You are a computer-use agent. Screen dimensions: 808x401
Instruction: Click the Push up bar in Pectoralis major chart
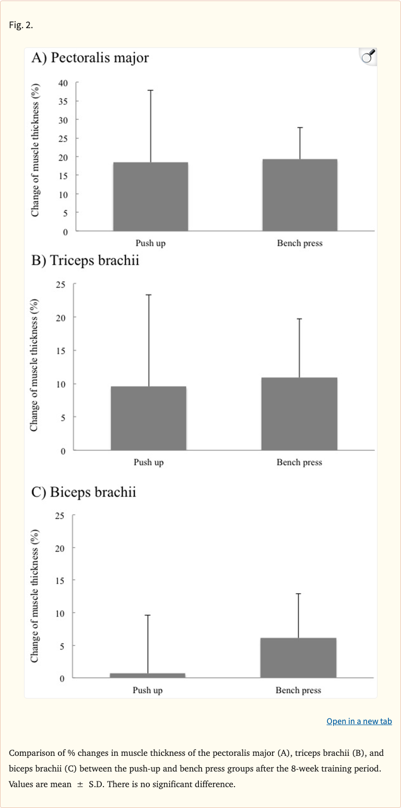150,197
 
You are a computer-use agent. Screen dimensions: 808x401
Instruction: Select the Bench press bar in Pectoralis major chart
300,195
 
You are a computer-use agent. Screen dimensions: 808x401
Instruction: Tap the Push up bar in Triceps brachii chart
148,418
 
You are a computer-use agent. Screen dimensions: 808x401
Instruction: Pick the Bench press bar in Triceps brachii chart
299,413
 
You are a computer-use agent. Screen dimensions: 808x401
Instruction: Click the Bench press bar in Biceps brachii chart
298,658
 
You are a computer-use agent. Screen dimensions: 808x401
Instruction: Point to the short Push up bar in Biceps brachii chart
148,675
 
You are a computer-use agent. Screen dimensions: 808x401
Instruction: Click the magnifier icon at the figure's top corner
368,56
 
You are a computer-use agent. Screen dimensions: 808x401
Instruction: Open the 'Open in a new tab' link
359,721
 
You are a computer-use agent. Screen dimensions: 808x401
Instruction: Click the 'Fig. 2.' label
21,25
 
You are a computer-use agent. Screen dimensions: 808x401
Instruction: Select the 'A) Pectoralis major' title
90,58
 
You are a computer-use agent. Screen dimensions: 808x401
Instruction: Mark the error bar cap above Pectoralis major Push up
150,90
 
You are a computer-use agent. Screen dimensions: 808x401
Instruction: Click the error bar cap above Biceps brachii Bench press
298,594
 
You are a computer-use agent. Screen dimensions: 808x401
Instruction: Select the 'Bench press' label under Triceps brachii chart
299,462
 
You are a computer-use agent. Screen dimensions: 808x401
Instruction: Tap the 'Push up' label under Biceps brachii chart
148,690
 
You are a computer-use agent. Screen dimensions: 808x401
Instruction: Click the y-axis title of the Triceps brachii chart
34,365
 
